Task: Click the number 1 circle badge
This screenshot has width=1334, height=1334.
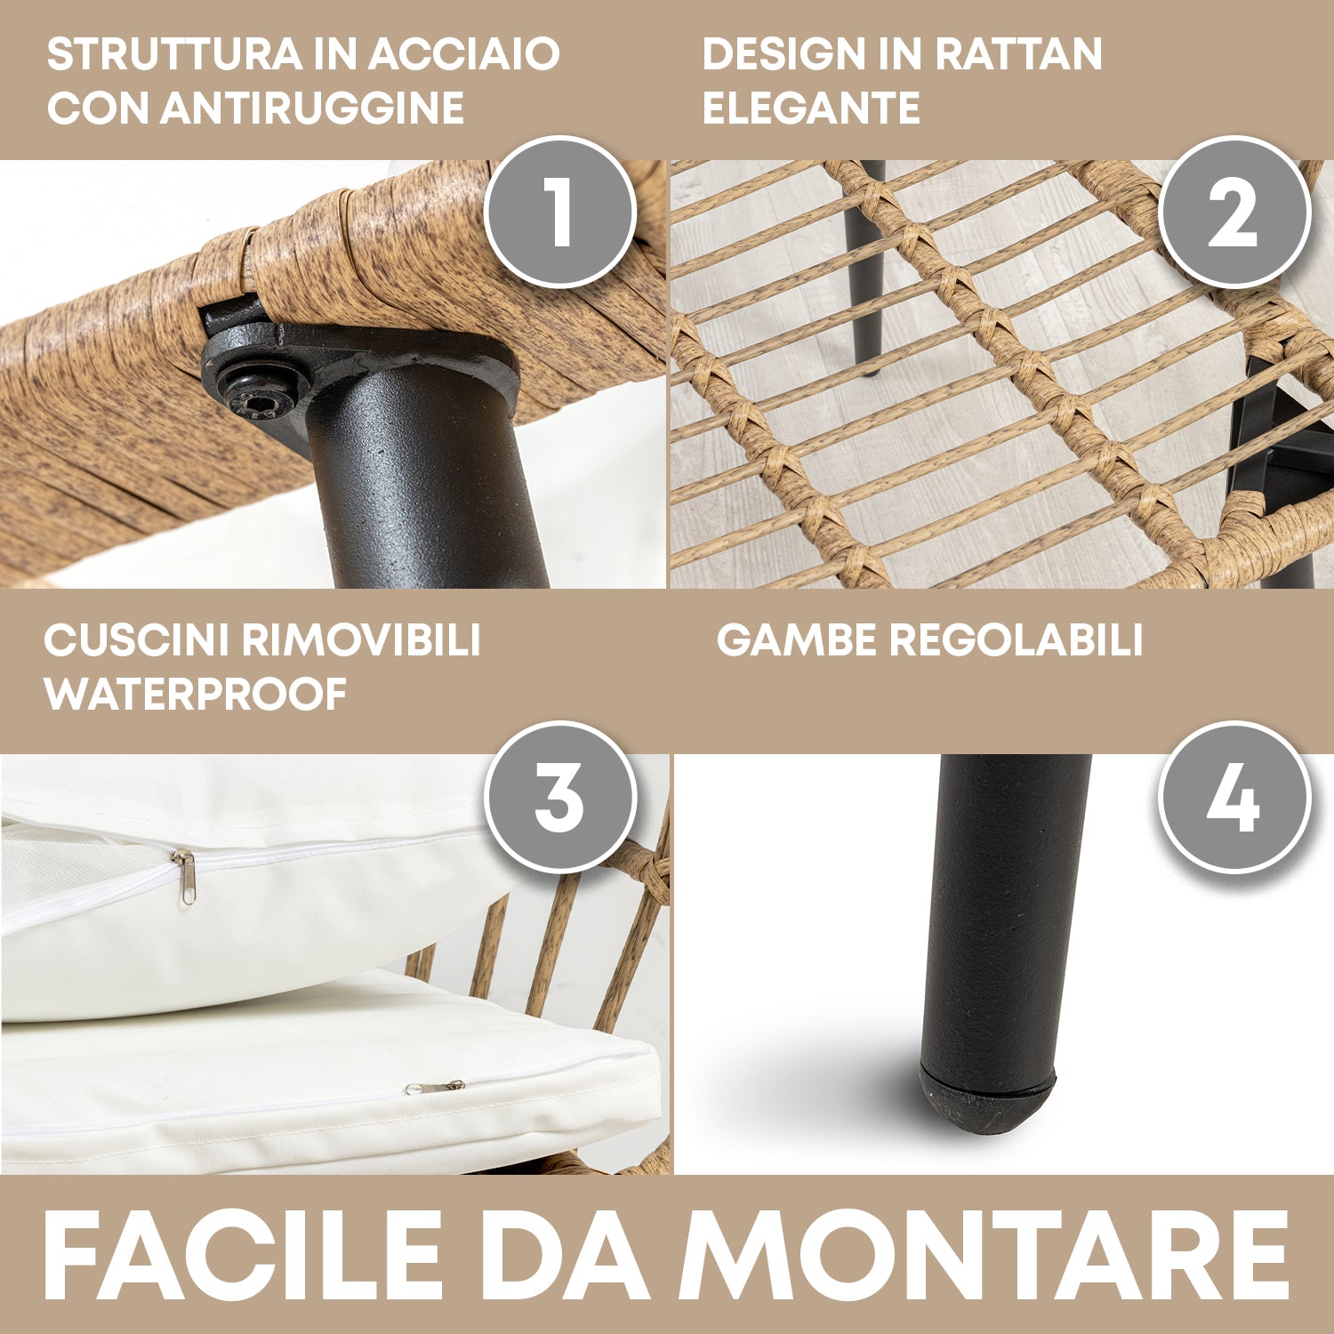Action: (560, 212)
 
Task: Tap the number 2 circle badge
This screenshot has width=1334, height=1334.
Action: (1234, 212)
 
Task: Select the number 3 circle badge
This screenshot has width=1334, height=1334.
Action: (560, 797)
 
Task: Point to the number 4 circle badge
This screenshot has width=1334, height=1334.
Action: (1234, 797)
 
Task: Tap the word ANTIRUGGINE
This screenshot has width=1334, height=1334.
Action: (312, 108)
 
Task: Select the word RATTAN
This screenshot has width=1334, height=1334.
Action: (1019, 54)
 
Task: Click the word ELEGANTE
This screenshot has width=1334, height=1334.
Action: (811, 108)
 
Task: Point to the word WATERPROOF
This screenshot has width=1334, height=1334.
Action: (196, 694)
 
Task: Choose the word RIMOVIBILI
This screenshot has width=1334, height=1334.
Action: (362, 639)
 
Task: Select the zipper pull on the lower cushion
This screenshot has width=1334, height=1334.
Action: (436, 1087)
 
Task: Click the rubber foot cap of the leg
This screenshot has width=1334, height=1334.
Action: (987, 1099)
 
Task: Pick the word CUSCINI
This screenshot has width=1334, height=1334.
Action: (138, 639)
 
